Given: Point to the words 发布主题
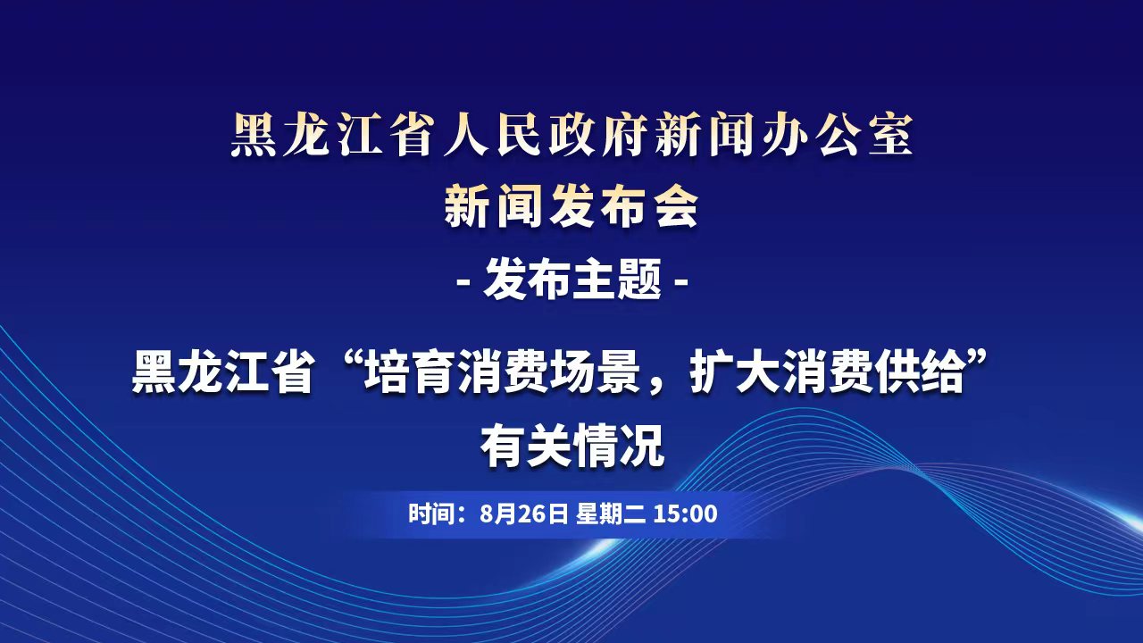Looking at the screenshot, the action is click(572, 280).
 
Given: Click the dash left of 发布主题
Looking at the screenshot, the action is click(465, 281).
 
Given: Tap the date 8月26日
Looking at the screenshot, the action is click(524, 513).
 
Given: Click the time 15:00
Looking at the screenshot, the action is click(685, 513).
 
